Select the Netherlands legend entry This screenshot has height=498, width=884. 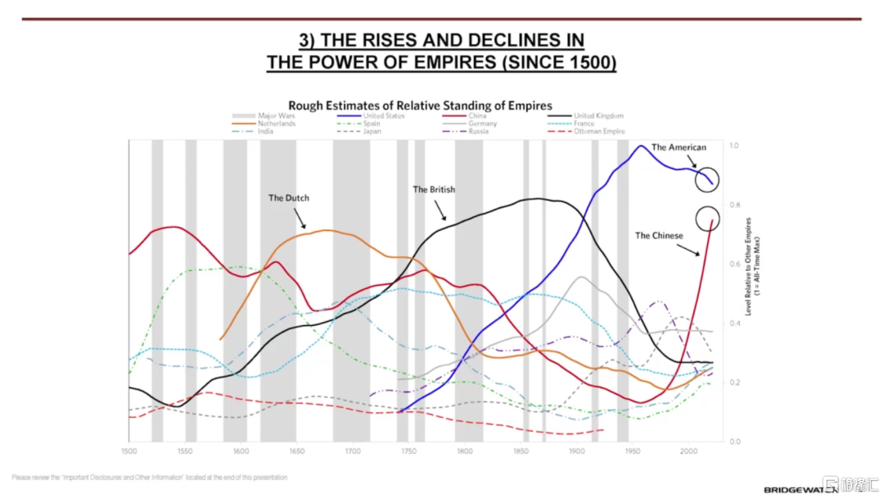pyautogui.click(x=277, y=124)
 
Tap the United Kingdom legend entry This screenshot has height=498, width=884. pyautogui.click(x=598, y=116)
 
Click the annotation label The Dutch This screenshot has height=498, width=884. pyautogui.click(x=289, y=198)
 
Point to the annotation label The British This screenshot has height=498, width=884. pyautogui.click(x=434, y=189)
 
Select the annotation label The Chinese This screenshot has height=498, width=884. pyautogui.click(x=659, y=236)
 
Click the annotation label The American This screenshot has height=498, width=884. pyautogui.click(x=679, y=147)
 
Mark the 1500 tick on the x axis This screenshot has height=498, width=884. pyautogui.click(x=129, y=451)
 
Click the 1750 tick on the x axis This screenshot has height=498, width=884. pyautogui.click(x=408, y=451)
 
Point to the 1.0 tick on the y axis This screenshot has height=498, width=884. pyautogui.click(x=734, y=146)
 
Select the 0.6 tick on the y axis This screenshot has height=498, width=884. pyautogui.click(x=734, y=265)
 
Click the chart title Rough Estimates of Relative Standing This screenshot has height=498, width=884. pyautogui.click(x=420, y=105)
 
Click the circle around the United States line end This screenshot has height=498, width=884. pyautogui.click(x=708, y=179)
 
